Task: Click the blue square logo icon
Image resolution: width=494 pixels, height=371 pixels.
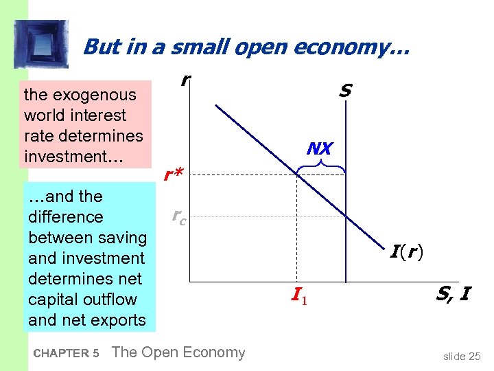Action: [x=41, y=45]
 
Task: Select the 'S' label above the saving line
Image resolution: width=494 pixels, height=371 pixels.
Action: [x=345, y=91]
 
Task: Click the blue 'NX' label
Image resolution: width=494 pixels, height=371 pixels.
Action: [x=320, y=148]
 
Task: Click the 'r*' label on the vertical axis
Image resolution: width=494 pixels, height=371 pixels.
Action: [x=173, y=176]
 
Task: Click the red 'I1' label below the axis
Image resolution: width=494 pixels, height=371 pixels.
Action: [x=297, y=297]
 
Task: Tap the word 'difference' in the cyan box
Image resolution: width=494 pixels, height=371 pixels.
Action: [x=65, y=217]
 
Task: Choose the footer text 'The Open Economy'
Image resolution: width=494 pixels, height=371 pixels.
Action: [x=178, y=352]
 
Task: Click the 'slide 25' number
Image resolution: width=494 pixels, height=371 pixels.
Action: [x=462, y=356]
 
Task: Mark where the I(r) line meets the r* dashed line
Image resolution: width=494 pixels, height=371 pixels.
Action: [x=296, y=175]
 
